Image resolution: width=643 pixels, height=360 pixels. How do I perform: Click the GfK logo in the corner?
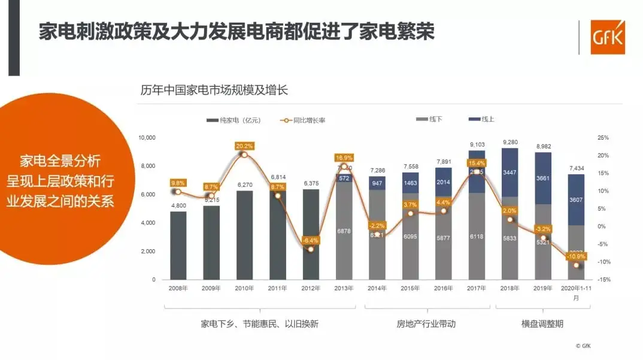point(607,37)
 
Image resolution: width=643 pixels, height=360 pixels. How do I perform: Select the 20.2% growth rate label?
point(244,146)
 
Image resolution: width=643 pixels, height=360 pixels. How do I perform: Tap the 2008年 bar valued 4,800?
point(178,245)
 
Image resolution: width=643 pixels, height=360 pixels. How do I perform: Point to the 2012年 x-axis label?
point(310,288)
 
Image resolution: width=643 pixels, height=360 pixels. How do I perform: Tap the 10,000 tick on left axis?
point(147,138)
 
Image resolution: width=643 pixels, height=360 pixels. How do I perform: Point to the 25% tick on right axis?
point(602,138)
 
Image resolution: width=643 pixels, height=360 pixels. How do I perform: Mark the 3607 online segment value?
point(576,199)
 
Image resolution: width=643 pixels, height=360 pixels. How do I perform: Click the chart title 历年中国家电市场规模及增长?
point(214,90)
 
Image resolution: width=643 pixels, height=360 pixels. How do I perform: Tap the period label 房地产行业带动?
point(426,324)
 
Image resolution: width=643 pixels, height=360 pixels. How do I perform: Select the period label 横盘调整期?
point(542,324)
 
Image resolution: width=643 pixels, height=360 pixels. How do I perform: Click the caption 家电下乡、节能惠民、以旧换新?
point(259,324)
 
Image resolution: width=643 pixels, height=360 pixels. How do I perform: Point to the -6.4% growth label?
point(310,240)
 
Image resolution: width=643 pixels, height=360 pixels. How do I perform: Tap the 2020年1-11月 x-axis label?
point(576,292)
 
